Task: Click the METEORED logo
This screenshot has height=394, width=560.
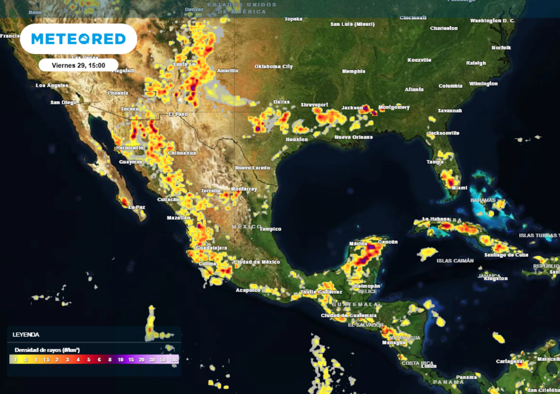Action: tap(78, 39)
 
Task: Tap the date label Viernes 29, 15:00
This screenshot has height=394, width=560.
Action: tap(78, 65)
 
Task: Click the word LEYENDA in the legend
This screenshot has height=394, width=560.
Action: tap(26, 334)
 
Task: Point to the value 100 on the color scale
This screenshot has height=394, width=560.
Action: tap(174, 360)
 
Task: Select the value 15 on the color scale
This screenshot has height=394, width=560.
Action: tap(131, 360)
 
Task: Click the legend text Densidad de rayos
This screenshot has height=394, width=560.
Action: tap(41, 349)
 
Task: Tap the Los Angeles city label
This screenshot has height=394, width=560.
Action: tap(52, 85)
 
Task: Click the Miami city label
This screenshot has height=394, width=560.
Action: tap(459, 188)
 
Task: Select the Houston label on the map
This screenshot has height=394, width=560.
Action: tap(296, 139)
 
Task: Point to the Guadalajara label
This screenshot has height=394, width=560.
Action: tap(211, 248)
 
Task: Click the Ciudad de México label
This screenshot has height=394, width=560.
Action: tap(256, 262)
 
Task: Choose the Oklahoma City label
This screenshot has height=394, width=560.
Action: tap(273, 67)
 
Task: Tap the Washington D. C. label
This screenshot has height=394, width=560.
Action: tap(493, 21)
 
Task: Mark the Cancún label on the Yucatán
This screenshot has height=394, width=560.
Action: tap(387, 241)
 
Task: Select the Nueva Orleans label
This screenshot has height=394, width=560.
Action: tap(351, 137)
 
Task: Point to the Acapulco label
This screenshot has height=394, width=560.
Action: tap(248, 290)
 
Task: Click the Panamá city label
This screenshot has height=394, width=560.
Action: tap(466, 377)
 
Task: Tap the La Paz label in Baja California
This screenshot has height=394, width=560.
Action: tap(137, 207)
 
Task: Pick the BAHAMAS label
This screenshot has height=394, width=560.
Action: tap(482, 200)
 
